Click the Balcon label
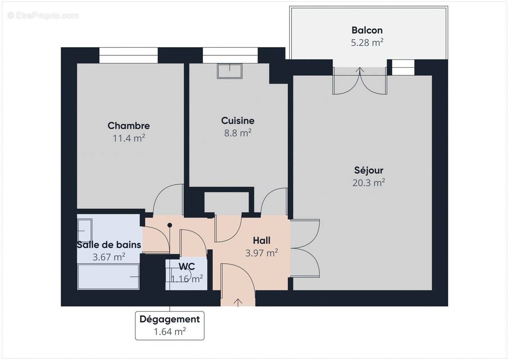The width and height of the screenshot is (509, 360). (x=367, y=31)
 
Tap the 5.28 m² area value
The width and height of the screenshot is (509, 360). (x=367, y=43)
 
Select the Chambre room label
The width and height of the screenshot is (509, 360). (x=129, y=126)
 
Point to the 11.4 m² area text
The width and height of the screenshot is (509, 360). (x=129, y=138)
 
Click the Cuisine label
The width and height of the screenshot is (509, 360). (x=238, y=121)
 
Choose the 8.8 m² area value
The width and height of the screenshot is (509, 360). (x=238, y=133)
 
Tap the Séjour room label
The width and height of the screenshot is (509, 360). (x=369, y=171)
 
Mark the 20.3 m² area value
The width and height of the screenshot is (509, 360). (x=369, y=183)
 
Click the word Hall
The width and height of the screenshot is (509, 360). (x=261, y=241)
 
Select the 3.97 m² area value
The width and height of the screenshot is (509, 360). (x=261, y=253)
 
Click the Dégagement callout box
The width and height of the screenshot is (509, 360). (x=170, y=325)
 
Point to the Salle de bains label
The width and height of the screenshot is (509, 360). (x=109, y=245)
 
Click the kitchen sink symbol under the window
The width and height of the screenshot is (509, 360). (x=230, y=71)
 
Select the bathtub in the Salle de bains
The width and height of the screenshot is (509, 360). (x=108, y=277)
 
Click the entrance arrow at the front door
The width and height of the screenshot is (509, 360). (x=238, y=301)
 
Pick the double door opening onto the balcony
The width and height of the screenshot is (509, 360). (x=360, y=81)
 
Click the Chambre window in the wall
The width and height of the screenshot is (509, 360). (x=128, y=55)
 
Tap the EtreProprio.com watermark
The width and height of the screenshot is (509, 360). (x=43, y=16)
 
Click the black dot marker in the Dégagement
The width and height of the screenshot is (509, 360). (x=170, y=225)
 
